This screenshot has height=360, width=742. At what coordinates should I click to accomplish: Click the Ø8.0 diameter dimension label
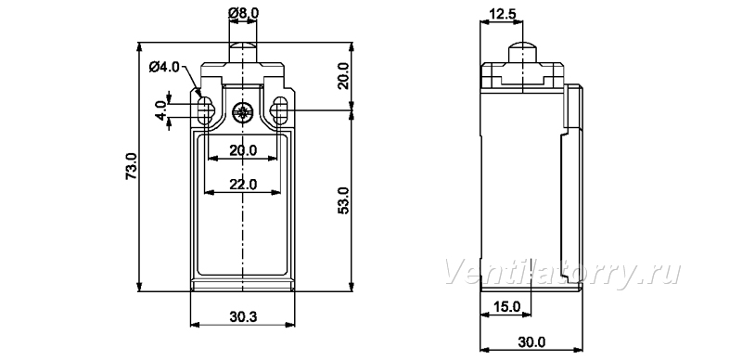pos(243,14)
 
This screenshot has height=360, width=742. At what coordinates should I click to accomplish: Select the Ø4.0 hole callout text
pos(164,67)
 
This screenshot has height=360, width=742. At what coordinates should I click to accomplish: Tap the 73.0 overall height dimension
pos(131,166)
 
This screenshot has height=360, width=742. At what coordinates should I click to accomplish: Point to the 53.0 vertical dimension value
pos(343,200)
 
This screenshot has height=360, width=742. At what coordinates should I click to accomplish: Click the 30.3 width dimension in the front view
pos(243,317)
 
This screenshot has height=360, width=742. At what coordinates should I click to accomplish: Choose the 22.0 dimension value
pos(243,185)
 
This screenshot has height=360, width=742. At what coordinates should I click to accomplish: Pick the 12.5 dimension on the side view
pos(503,14)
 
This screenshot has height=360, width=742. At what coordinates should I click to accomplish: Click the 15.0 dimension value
pos(506,306)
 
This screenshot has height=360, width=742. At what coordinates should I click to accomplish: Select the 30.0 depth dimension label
pos(531,341)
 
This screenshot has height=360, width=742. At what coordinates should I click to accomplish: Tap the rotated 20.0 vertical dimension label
pos(343,76)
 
